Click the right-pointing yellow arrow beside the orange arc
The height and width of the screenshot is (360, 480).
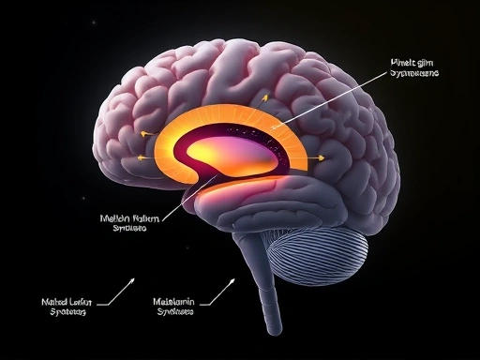(321, 158)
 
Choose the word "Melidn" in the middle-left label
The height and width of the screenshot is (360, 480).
(116, 217)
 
